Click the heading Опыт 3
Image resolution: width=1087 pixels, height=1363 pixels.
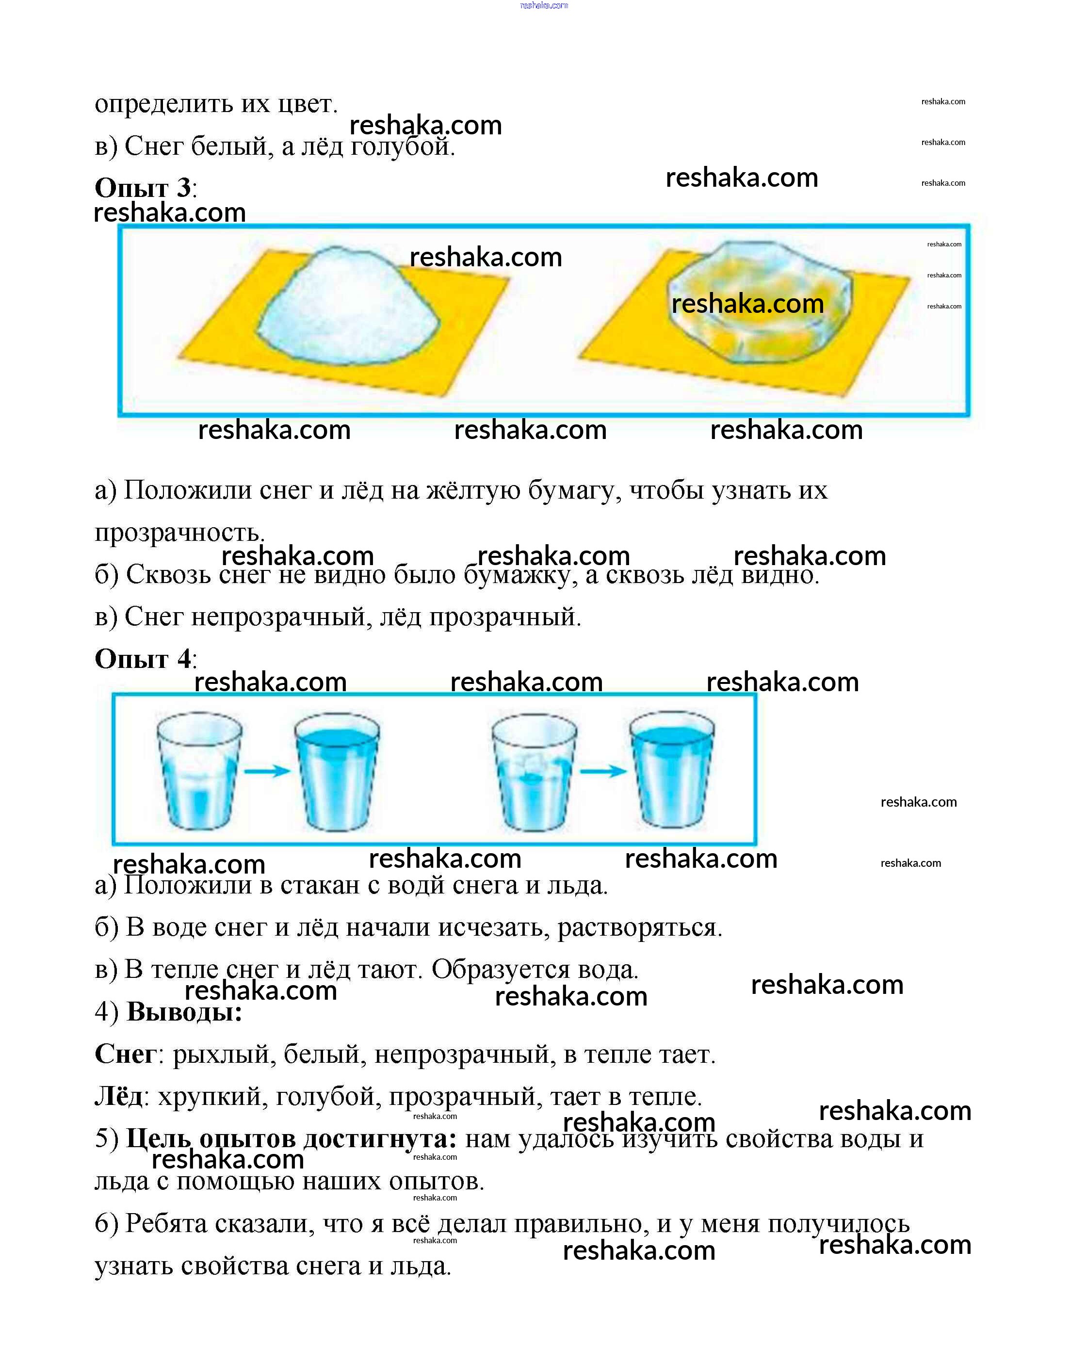(142, 188)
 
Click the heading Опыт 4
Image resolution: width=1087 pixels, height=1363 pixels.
(142, 659)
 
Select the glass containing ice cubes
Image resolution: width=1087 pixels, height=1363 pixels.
(534, 771)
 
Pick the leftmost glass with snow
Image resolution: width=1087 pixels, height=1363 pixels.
(199, 771)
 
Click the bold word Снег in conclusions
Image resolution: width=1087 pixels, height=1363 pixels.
(125, 1054)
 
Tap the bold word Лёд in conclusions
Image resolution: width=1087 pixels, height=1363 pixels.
(119, 1096)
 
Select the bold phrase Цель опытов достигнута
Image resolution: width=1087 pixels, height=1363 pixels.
(291, 1138)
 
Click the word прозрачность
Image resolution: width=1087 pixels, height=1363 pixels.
(179, 532)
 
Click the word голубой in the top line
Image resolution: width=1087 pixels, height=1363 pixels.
(402, 146)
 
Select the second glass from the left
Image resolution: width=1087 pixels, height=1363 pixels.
(337, 771)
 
